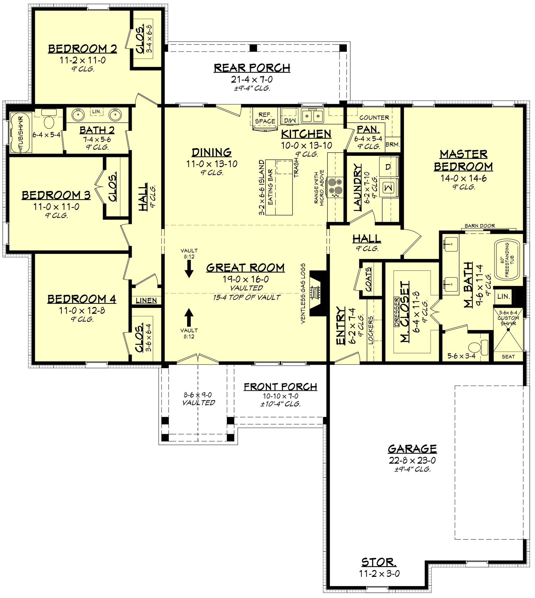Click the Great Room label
245,268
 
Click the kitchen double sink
312,116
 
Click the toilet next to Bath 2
49,122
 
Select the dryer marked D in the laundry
389,167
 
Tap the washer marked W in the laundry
389,187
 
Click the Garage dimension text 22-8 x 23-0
412,460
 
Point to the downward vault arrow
189,269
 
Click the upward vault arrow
189,317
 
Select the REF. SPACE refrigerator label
265,118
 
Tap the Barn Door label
480,226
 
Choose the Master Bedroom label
463,160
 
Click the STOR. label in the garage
379,562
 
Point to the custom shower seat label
508,356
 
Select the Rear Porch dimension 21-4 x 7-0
252,79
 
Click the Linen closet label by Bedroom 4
146,300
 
